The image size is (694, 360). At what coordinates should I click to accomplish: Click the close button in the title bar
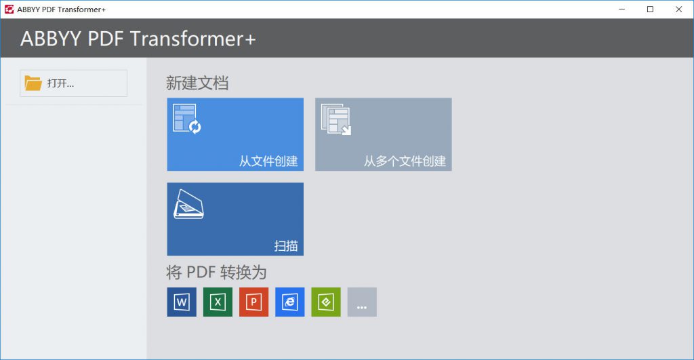pos(678,9)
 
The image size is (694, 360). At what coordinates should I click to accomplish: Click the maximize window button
pos(650,9)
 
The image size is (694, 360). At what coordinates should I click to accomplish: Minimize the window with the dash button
pos(622,9)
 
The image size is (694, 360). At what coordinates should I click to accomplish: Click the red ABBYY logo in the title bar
pos(9,9)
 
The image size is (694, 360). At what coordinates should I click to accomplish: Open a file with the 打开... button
pos(73,83)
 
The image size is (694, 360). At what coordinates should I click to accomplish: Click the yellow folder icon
pos(33,83)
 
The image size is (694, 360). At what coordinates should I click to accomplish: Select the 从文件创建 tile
pos(235,134)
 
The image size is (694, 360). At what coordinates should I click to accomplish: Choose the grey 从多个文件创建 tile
pos(384,134)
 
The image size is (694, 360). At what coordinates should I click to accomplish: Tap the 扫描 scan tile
pos(235,219)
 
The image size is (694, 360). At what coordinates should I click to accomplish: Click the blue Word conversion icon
pos(182,302)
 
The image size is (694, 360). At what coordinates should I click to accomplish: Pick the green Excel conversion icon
pos(218,302)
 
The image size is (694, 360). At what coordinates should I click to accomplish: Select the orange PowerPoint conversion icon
pos(253,302)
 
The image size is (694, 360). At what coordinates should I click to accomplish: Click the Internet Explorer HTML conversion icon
pos(290,302)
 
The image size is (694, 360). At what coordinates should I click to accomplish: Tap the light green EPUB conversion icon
pos(326,302)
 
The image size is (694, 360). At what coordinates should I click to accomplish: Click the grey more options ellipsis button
pos(362,302)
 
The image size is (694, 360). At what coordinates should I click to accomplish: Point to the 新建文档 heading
pos(197,83)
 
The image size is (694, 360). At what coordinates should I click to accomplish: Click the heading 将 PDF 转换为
pos(216,273)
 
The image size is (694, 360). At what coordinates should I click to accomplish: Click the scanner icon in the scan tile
pos(188,204)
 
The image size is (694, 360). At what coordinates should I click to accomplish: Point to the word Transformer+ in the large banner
pos(193,39)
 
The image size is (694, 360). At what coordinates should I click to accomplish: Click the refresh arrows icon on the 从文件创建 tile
pos(195,127)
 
